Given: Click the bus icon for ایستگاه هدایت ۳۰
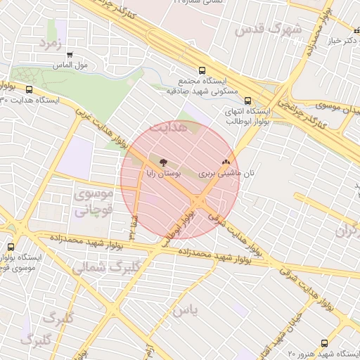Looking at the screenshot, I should tap(30, 89).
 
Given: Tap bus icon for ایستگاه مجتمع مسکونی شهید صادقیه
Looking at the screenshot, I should tap(202, 70).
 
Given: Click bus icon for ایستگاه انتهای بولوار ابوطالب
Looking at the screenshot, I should tap(247, 101).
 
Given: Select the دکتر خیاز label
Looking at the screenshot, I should tap(338, 41).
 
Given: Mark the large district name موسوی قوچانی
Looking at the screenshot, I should tap(91, 202).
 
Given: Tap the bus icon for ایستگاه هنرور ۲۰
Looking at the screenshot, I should tap(324, 343).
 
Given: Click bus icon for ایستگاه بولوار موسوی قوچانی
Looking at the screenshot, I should tap(11, 247).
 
